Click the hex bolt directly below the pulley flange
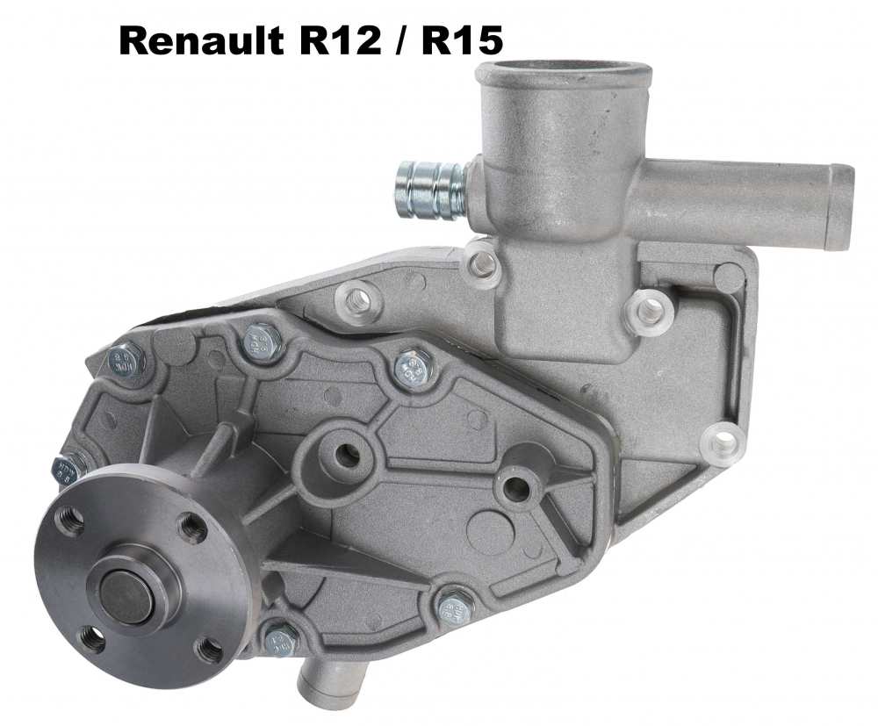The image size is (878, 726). [x=281, y=640]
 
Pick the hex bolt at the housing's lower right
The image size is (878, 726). [x=455, y=605]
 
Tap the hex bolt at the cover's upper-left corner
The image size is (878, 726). [x=126, y=359]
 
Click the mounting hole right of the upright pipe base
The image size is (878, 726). [x=649, y=308]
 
